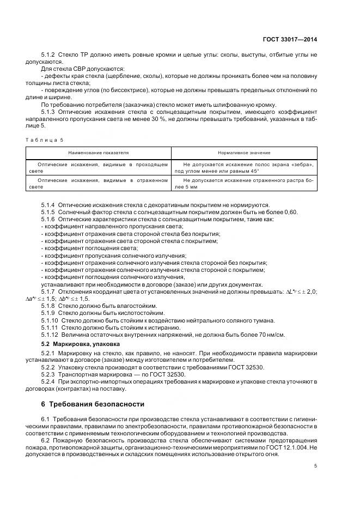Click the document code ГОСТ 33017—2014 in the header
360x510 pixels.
pos(290,39)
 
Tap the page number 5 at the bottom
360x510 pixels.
pos(316,466)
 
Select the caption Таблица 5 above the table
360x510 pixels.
pos(45,139)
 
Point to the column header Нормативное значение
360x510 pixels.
pos(244,153)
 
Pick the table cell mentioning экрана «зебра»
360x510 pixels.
pos(244,167)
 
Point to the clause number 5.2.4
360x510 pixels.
pos(48,382)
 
